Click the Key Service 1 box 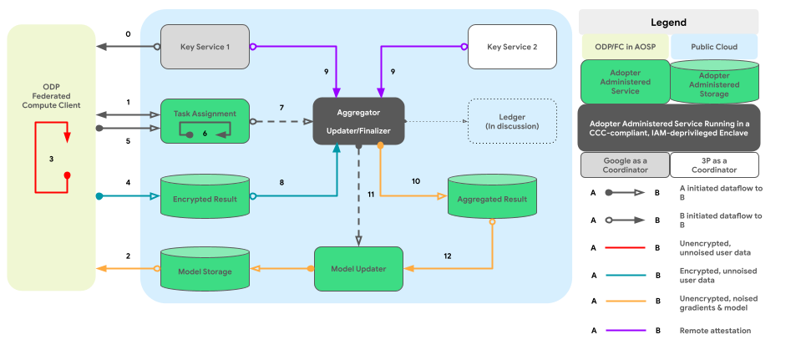pos(205,46)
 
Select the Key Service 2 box pos(512,46)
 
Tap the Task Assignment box pos(205,119)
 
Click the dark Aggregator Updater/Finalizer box pos(358,121)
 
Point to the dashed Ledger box pos(512,120)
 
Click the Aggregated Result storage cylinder pos(492,200)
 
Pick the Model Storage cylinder pos(205,270)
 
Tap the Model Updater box pos(358,269)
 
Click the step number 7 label pos(281,108)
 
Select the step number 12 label pos(447,256)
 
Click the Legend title pos(668,23)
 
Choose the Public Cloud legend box pos(714,48)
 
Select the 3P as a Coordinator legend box pos(714,165)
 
